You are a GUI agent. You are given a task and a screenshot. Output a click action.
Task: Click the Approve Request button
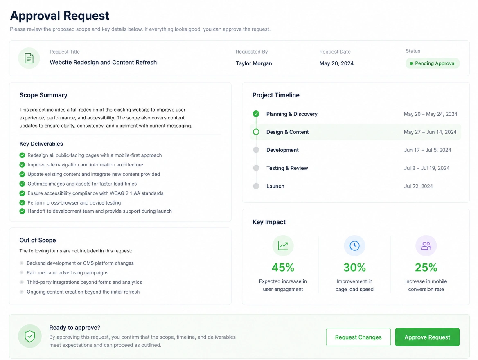(427, 337)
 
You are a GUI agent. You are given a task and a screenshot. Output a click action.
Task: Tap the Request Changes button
(358, 337)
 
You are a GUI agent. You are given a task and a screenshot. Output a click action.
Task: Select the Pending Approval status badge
(432, 63)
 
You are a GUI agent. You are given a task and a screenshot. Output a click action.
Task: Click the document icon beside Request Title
(29, 58)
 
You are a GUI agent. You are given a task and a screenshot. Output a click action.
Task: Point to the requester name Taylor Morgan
(254, 63)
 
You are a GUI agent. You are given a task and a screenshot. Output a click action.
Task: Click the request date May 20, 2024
(336, 63)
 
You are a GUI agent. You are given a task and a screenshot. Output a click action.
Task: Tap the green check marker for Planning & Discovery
(256, 114)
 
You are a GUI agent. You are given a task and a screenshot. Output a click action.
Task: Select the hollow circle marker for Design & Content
(256, 132)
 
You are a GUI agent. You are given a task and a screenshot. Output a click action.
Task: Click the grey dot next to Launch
(256, 186)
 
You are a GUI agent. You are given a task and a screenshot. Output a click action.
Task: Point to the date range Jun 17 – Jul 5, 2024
(427, 150)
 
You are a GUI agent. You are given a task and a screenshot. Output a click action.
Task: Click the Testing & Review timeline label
(287, 168)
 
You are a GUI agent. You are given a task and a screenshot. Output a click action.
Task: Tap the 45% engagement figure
(283, 267)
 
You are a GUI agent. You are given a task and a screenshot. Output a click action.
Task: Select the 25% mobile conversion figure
(426, 267)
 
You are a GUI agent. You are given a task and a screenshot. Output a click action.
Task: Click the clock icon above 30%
(354, 246)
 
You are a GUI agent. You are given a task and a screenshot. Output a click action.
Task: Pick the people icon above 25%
(426, 246)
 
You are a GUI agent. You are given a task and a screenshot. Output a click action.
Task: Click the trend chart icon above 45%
(283, 246)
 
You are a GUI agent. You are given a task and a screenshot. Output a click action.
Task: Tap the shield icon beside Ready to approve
(30, 336)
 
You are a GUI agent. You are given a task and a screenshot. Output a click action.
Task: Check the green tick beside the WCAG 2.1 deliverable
(22, 193)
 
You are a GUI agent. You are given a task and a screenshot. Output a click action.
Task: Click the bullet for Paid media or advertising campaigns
(22, 272)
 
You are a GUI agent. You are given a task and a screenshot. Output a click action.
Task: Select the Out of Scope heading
(38, 240)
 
